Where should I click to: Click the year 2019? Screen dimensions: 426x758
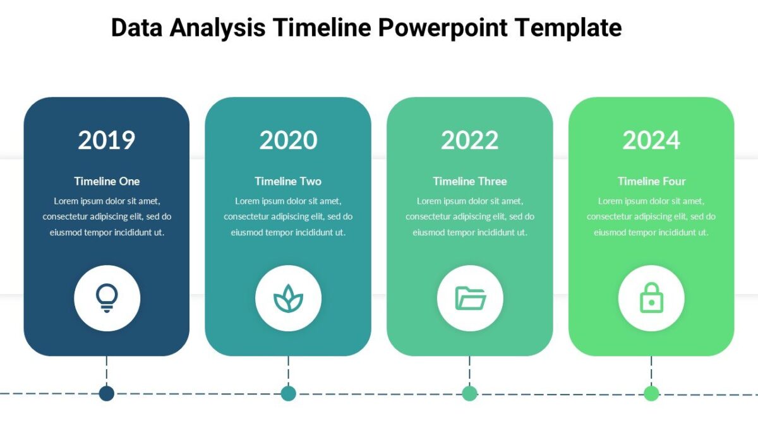point(107,140)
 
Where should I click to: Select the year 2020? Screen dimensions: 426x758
point(288,140)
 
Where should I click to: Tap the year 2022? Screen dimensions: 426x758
point(469,140)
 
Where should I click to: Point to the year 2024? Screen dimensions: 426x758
point(651,140)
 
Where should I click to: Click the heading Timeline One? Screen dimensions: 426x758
point(107,181)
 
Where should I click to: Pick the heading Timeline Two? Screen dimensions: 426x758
point(288,181)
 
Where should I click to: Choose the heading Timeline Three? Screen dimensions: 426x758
point(469,181)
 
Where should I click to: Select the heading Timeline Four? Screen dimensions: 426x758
point(651,181)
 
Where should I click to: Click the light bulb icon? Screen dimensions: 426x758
point(107,298)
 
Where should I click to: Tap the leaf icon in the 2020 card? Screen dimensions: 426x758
point(288,298)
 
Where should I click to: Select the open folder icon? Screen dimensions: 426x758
point(470,298)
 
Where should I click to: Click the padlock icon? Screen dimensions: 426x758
point(651,298)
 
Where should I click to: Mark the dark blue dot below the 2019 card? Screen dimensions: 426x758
point(107,393)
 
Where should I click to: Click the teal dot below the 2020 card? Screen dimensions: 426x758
point(288,393)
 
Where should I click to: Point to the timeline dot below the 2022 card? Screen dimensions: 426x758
point(469,393)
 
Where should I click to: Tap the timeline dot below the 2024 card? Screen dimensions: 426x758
point(651,393)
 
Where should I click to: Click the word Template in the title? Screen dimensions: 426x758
point(568,28)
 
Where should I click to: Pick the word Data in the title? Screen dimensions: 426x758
point(136,28)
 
